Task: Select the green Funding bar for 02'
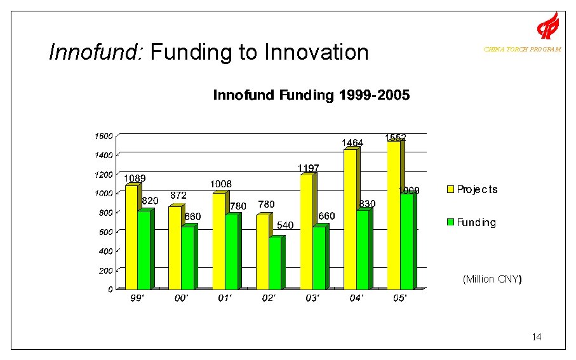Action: click(274, 263)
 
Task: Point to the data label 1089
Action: click(135, 178)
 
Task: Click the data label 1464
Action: click(352, 143)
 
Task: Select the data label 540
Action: click(285, 225)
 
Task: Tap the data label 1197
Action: click(308, 168)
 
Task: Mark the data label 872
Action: click(178, 196)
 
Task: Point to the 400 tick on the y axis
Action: click(105, 251)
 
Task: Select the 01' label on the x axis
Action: click(224, 298)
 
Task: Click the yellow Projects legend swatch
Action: click(451, 189)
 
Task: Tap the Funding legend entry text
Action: click(476, 222)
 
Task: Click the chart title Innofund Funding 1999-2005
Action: click(311, 96)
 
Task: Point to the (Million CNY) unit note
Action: click(492, 279)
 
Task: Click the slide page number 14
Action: click(537, 337)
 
